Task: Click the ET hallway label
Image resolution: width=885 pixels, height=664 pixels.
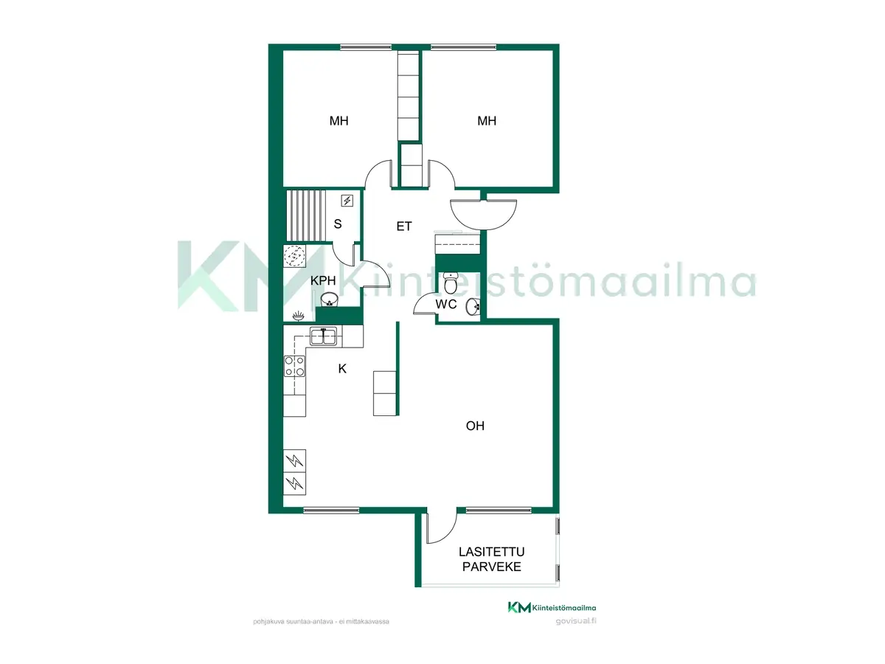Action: tap(404, 226)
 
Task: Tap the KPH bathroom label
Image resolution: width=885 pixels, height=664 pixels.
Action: tap(323, 280)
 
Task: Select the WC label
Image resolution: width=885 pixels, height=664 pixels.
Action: tap(446, 305)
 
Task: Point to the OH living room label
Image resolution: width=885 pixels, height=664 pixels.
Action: tap(475, 426)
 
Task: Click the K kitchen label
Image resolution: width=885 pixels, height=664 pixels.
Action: tap(342, 368)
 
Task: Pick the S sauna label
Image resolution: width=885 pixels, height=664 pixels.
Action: tap(338, 224)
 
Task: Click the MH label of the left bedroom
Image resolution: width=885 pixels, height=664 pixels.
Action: tap(339, 120)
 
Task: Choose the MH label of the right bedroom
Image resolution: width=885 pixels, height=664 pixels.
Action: tap(487, 120)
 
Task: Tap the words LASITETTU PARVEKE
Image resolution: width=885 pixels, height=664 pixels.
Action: tap(491, 559)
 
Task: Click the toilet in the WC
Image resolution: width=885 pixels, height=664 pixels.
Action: tap(451, 283)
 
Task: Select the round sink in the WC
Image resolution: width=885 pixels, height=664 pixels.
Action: tap(473, 307)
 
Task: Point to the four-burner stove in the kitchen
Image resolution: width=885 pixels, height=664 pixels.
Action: tap(295, 366)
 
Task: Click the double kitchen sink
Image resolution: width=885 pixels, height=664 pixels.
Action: tap(323, 336)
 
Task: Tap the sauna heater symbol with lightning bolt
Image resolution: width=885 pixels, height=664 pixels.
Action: tap(347, 201)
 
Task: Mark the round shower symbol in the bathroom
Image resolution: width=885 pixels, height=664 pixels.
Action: tap(295, 257)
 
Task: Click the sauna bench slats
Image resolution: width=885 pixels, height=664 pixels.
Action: tap(306, 215)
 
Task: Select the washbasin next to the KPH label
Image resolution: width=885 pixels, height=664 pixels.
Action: tap(330, 300)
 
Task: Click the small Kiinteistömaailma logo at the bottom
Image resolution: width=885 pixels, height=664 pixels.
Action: tap(552, 607)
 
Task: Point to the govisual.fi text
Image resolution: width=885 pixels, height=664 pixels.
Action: tap(576, 621)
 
